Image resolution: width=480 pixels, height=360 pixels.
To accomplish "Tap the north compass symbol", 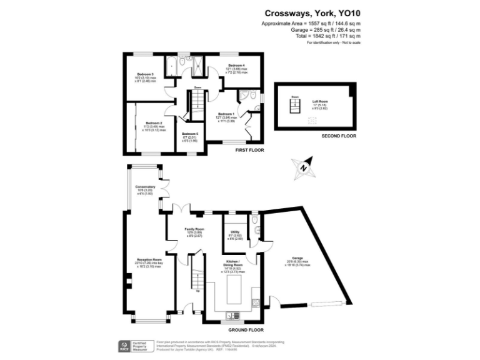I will (x=303, y=167).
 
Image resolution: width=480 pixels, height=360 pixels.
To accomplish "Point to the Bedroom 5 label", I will (x=190, y=136).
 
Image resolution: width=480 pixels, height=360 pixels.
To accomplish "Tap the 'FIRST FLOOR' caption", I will (x=249, y=151).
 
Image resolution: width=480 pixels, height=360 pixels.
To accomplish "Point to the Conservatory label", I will (x=145, y=189).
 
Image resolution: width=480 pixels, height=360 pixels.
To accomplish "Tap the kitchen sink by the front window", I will (x=230, y=315).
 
